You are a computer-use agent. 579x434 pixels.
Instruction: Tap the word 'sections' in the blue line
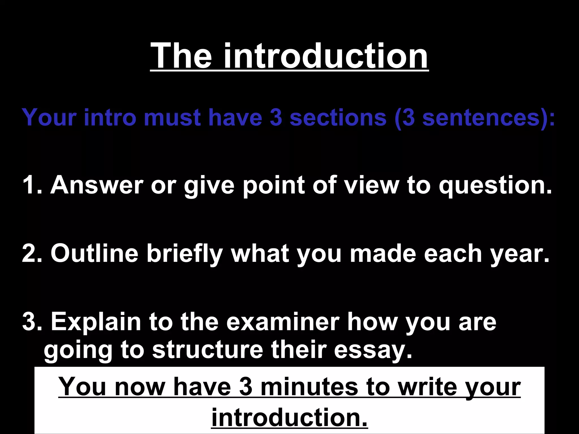pos(338,117)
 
